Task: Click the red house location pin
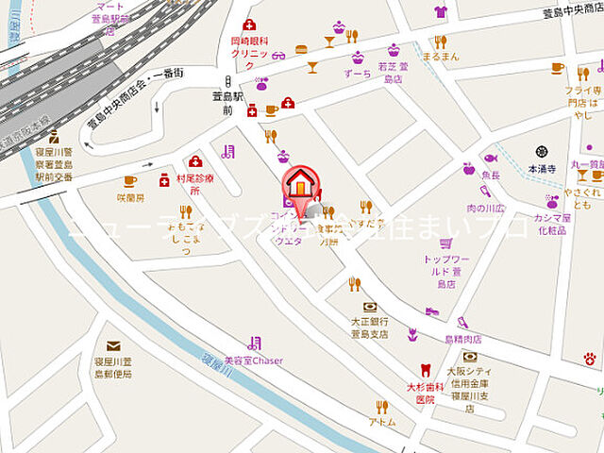click(300, 182)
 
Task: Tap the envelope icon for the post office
click(113, 346)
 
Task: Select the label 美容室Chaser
click(253, 361)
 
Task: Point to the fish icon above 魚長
click(490, 158)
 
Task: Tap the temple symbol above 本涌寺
click(542, 151)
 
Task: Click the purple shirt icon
click(441, 12)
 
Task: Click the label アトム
click(382, 423)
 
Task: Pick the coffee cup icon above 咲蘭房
click(130, 181)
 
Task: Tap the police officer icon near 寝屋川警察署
click(54, 137)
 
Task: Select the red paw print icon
click(590, 359)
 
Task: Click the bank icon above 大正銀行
click(369, 308)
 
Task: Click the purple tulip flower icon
click(412, 334)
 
